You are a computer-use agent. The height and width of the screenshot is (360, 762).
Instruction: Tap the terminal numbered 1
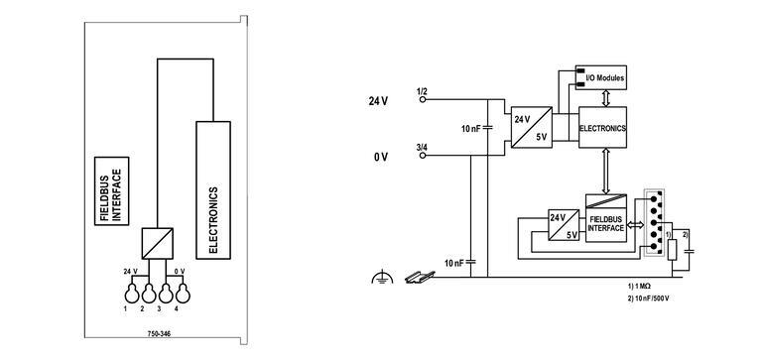tap(127, 294)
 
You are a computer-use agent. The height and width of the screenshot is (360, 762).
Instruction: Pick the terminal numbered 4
tap(179, 294)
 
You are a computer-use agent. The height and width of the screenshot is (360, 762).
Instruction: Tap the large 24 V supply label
tap(377, 101)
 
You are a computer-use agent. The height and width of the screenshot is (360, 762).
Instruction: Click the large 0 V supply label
tap(380, 158)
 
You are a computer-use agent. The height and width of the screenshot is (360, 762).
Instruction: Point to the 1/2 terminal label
tap(422, 92)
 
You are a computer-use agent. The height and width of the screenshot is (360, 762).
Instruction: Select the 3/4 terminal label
tap(422, 149)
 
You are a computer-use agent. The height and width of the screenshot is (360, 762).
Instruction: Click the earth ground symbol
tap(377, 281)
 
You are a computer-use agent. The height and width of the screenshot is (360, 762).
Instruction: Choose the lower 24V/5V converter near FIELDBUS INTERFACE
tap(564, 226)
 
